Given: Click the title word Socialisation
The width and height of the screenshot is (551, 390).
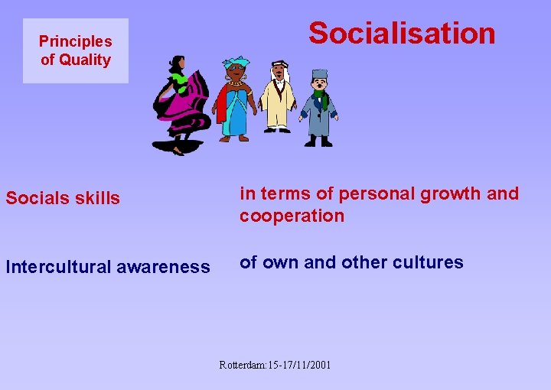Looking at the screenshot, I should [402, 34].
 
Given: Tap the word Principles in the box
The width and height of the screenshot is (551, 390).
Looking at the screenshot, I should [75, 41].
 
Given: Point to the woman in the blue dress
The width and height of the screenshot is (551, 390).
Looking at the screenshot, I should [234, 103].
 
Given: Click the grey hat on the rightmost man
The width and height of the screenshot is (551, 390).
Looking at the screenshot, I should [319, 74].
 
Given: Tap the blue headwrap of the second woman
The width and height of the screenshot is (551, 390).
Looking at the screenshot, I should [236, 62].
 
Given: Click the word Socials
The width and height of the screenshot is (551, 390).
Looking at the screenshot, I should [35, 198].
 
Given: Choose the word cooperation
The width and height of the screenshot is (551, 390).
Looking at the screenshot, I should [292, 216].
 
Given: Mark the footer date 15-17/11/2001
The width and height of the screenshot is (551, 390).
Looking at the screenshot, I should [299, 365].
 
